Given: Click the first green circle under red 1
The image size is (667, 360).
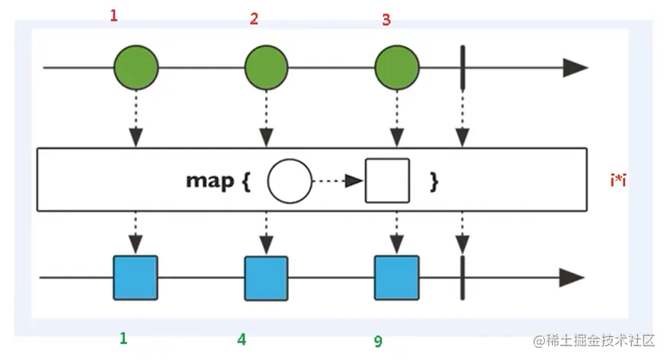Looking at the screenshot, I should coord(136,68).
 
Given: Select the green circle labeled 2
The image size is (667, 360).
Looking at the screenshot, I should coord(266,68).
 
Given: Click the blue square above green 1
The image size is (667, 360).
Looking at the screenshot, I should coord(136,277).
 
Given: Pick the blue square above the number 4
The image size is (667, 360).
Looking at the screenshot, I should coord(266,278).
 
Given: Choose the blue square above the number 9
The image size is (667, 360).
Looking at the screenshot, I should coord(396,278).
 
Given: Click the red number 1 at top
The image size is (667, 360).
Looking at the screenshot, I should coord(114,14).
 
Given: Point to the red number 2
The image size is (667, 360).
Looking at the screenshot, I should coord(254,19).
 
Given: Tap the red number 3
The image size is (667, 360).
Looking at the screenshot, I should coord(386,20).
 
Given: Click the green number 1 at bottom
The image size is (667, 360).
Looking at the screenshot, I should coord(123,338).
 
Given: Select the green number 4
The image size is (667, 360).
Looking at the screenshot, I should coord(242,339).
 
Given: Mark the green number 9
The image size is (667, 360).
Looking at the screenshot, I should coord(377,341).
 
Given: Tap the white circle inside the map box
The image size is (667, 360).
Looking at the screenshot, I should coord(290,181).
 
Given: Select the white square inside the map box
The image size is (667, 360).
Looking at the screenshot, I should coord(387,181).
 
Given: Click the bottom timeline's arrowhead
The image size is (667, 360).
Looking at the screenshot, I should coord(573,278).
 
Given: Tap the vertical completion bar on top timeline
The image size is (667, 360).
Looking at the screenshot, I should coord(462,68).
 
